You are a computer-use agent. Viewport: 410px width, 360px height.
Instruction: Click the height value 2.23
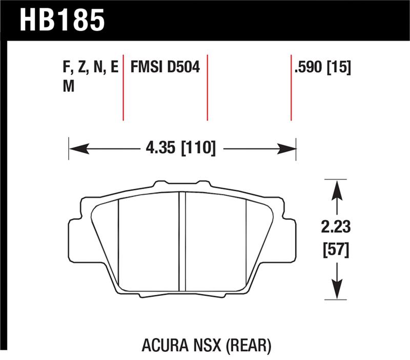tap(336, 227)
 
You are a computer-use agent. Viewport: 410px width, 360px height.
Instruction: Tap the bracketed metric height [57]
tap(336, 251)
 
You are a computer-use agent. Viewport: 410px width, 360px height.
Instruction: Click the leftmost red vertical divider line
tap(124, 87)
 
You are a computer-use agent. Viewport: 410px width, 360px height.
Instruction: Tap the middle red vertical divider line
tap(207, 87)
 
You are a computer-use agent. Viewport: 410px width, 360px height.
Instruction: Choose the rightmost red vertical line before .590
tap(291, 87)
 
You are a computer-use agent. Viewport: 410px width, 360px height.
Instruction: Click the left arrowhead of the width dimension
tap(77, 149)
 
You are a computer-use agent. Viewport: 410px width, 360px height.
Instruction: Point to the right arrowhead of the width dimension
tap(289, 149)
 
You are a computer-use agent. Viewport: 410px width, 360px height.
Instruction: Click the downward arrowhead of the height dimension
tap(336, 290)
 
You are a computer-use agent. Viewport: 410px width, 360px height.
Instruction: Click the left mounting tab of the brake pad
tap(74, 235)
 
